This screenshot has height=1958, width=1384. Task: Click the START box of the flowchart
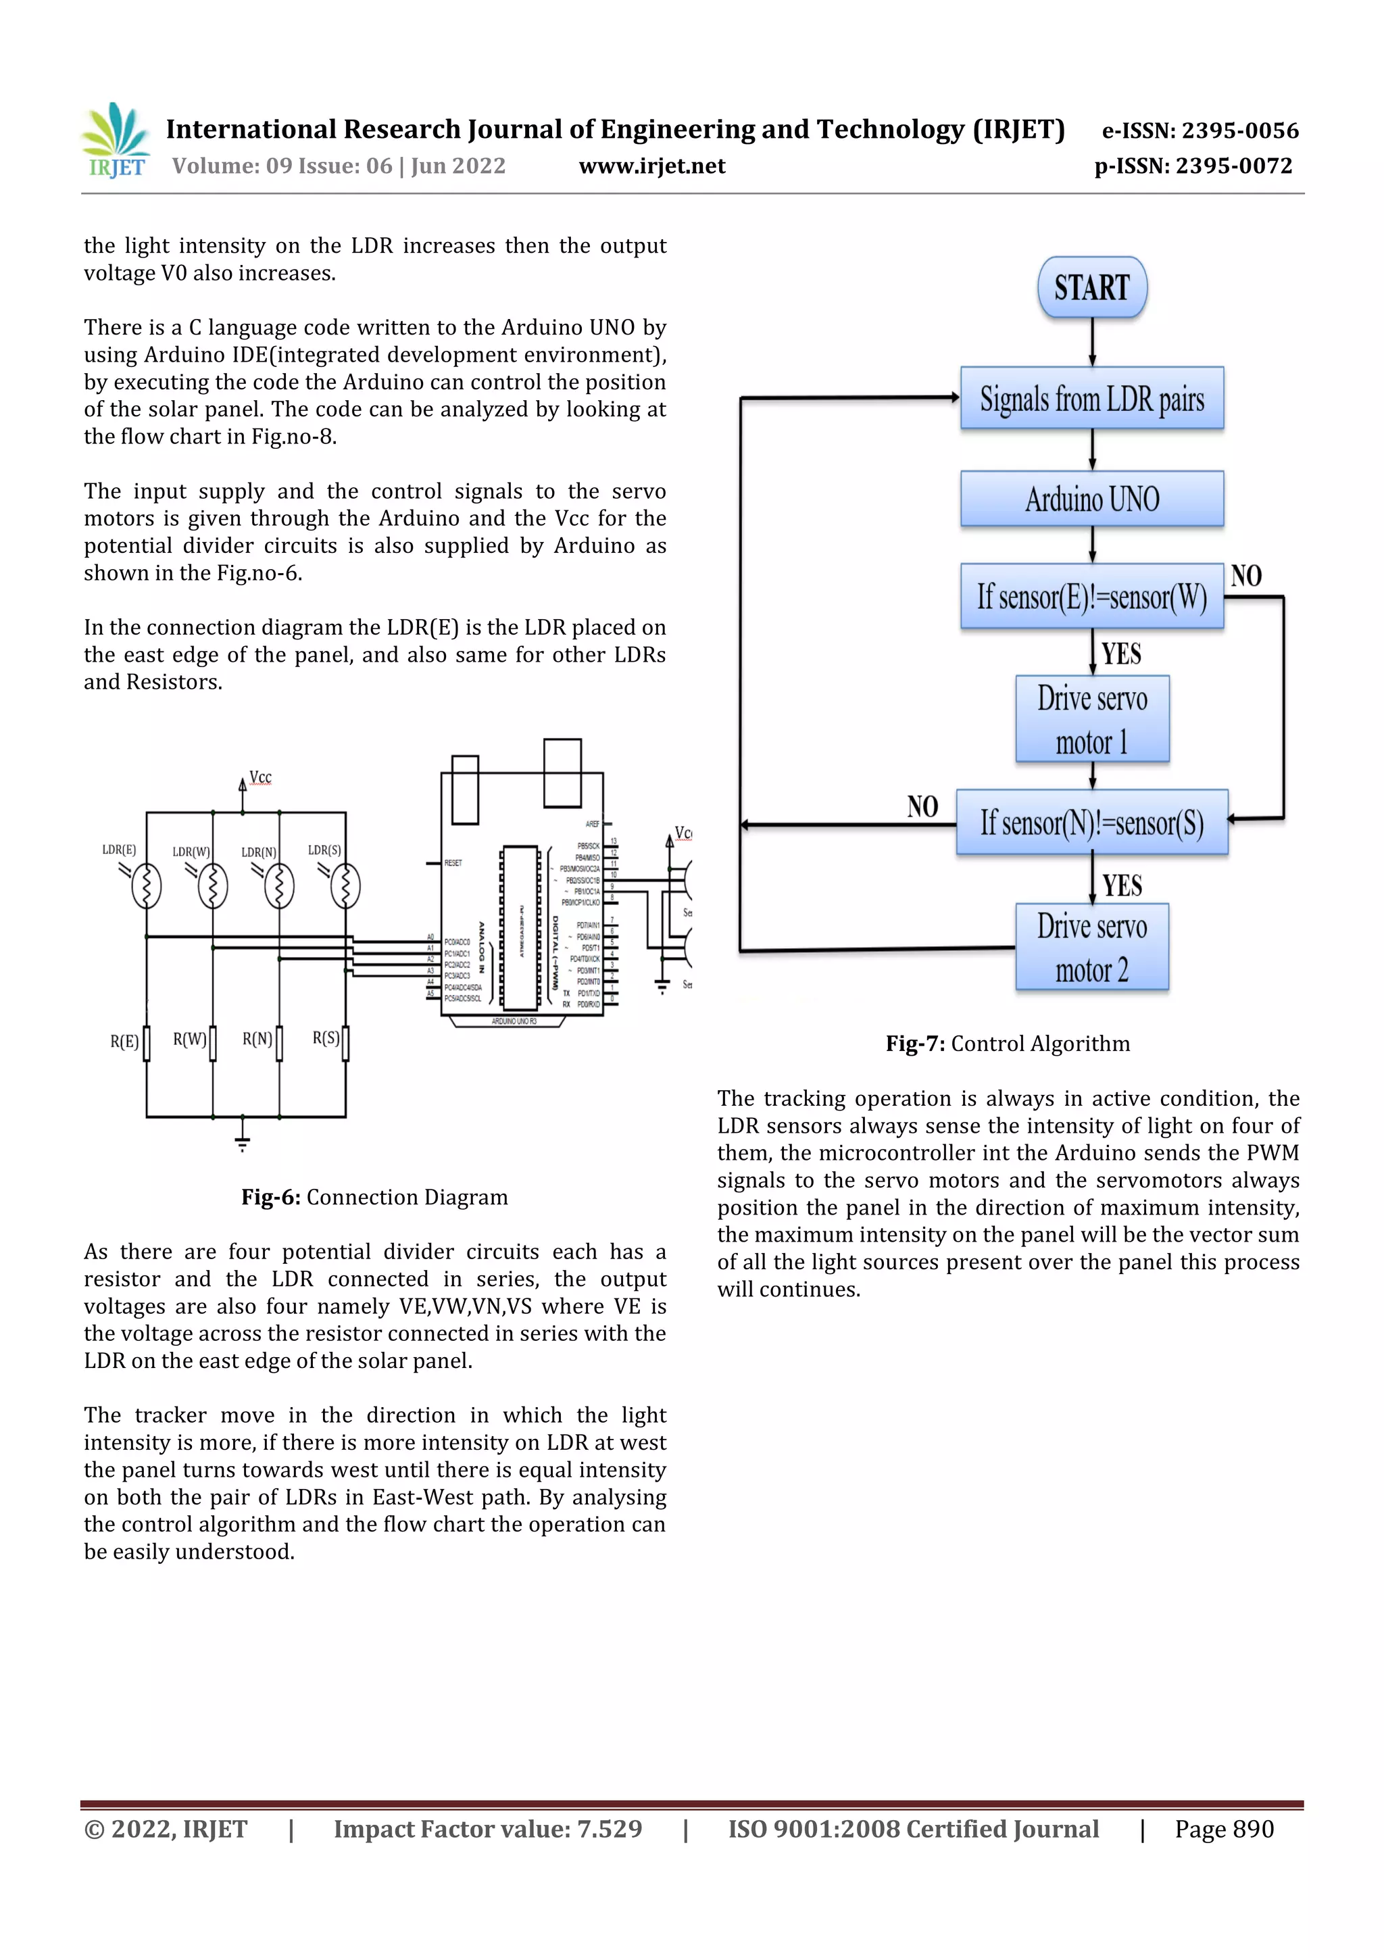pyautogui.click(x=1091, y=287)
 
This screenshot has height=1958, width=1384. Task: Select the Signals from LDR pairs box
pyautogui.click(x=1091, y=398)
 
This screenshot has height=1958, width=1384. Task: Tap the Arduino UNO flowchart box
pyautogui.click(x=1091, y=499)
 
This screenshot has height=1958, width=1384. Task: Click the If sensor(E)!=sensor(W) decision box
pyautogui.click(x=1091, y=596)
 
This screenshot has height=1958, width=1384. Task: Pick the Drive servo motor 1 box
pyautogui.click(x=1091, y=720)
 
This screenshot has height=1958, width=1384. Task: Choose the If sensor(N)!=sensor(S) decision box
pyautogui.click(x=1091, y=822)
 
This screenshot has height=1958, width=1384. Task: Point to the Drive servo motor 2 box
pyautogui.click(x=1091, y=948)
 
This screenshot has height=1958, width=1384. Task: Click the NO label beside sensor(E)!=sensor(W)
pyautogui.click(x=1246, y=576)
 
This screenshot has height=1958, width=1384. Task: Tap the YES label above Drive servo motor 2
pyautogui.click(x=1121, y=885)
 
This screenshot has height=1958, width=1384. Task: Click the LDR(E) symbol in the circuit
pyautogui.click(x=147, y=886)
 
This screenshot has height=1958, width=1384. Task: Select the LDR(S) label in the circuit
pyautogui.click(x=324, y=850)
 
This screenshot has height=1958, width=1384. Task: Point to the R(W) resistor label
pyautogui.click(x=189, y=1039)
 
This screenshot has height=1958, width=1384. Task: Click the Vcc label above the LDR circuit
pyautogui.click(x=260, y=778)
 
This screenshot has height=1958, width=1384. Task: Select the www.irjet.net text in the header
pyautogui.click(x=651, y=166)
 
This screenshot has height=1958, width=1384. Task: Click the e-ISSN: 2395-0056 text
pyautogui.click(x=1200, y=130)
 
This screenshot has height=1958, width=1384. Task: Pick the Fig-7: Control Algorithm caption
pyautogui.click(x=1007, y=1044)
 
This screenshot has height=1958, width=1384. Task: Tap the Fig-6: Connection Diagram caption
pyautogui.click(x=374, y=1198)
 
